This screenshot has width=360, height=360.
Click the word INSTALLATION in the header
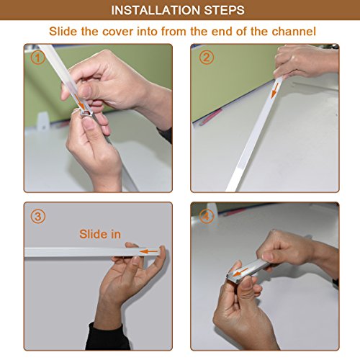point(156,10)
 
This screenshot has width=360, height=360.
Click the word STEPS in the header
point(225,10)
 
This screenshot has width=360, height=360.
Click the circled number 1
point(38,58)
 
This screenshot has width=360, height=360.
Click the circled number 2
point(207,58)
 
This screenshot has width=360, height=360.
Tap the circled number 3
point(38,217)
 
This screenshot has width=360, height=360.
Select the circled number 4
point(206,217)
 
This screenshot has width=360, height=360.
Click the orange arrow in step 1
point(80,102)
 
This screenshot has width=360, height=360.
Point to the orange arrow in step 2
point(275,91)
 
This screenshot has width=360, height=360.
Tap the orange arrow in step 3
point(150,251)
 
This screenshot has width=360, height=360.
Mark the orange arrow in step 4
point(240,272)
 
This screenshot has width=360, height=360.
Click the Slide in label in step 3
point(100,234)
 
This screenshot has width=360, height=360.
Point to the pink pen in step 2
point(211,117)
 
